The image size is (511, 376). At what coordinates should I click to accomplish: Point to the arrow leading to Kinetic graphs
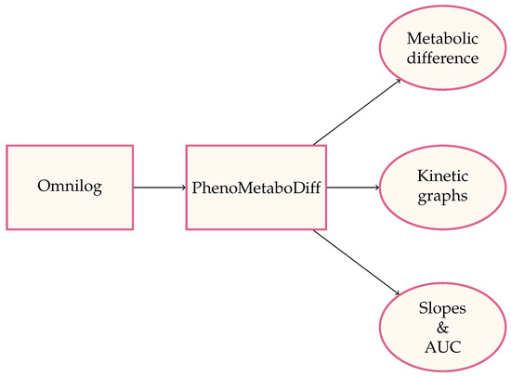point(353,188)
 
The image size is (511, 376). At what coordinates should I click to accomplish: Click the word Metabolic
point(442,40)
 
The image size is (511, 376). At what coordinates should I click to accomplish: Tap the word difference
point(442,58)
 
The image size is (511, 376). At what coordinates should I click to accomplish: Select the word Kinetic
point(442,178)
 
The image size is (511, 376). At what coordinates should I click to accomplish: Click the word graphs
point(442,196)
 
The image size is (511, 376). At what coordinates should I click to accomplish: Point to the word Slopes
point(442,307)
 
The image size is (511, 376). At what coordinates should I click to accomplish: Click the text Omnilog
point(70,188)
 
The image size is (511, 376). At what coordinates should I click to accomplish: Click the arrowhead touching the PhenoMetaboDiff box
point(182,188)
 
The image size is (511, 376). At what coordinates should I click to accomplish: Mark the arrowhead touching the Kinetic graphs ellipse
point(376,188)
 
